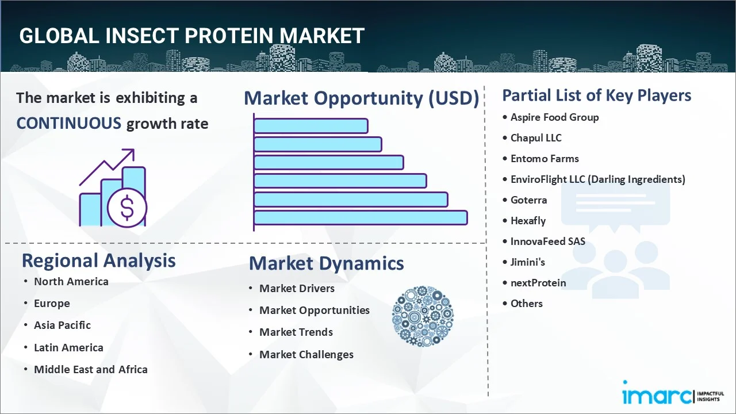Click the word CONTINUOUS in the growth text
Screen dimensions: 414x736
coord(68,123)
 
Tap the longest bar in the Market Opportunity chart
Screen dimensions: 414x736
coord(360,217)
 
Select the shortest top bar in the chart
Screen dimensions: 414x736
coord(310,125)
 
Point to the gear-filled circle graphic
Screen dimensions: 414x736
coord(423,316)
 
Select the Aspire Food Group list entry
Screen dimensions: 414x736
coord(554,117)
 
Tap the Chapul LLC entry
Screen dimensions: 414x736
coord(536,138)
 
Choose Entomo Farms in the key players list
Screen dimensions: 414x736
coord(545,159)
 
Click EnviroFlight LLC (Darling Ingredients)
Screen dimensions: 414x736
coord(597,179)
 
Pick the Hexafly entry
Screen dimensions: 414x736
coord(528,221)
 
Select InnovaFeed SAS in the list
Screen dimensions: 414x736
coord(547,241)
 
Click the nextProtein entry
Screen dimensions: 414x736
coord(538,283)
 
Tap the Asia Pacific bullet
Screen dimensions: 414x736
coord(62,325)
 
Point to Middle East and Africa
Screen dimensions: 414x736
coord(90,370)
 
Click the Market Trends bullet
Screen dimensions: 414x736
coord(296,332)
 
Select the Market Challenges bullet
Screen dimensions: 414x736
coord(306,355)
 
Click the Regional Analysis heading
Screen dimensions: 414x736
coord(98,260)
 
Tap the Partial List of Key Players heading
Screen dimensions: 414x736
coord(596,95)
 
